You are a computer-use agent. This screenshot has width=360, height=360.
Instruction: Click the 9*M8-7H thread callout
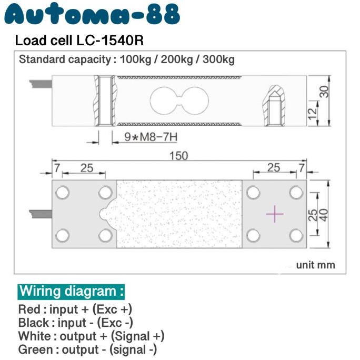coord(151,138)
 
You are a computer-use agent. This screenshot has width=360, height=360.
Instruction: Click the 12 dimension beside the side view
coord(313,111)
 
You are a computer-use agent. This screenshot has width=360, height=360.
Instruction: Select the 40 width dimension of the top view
coord(325,214)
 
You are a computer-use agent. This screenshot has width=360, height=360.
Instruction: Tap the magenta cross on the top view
coord(275,214)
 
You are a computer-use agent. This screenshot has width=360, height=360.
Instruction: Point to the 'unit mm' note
coord(315,265)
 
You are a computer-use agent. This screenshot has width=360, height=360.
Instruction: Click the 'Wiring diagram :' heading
coord(72,291)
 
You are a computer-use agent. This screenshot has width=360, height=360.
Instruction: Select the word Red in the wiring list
coord(28,309)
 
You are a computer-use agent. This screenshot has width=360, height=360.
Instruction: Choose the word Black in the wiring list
coord(33,323)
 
